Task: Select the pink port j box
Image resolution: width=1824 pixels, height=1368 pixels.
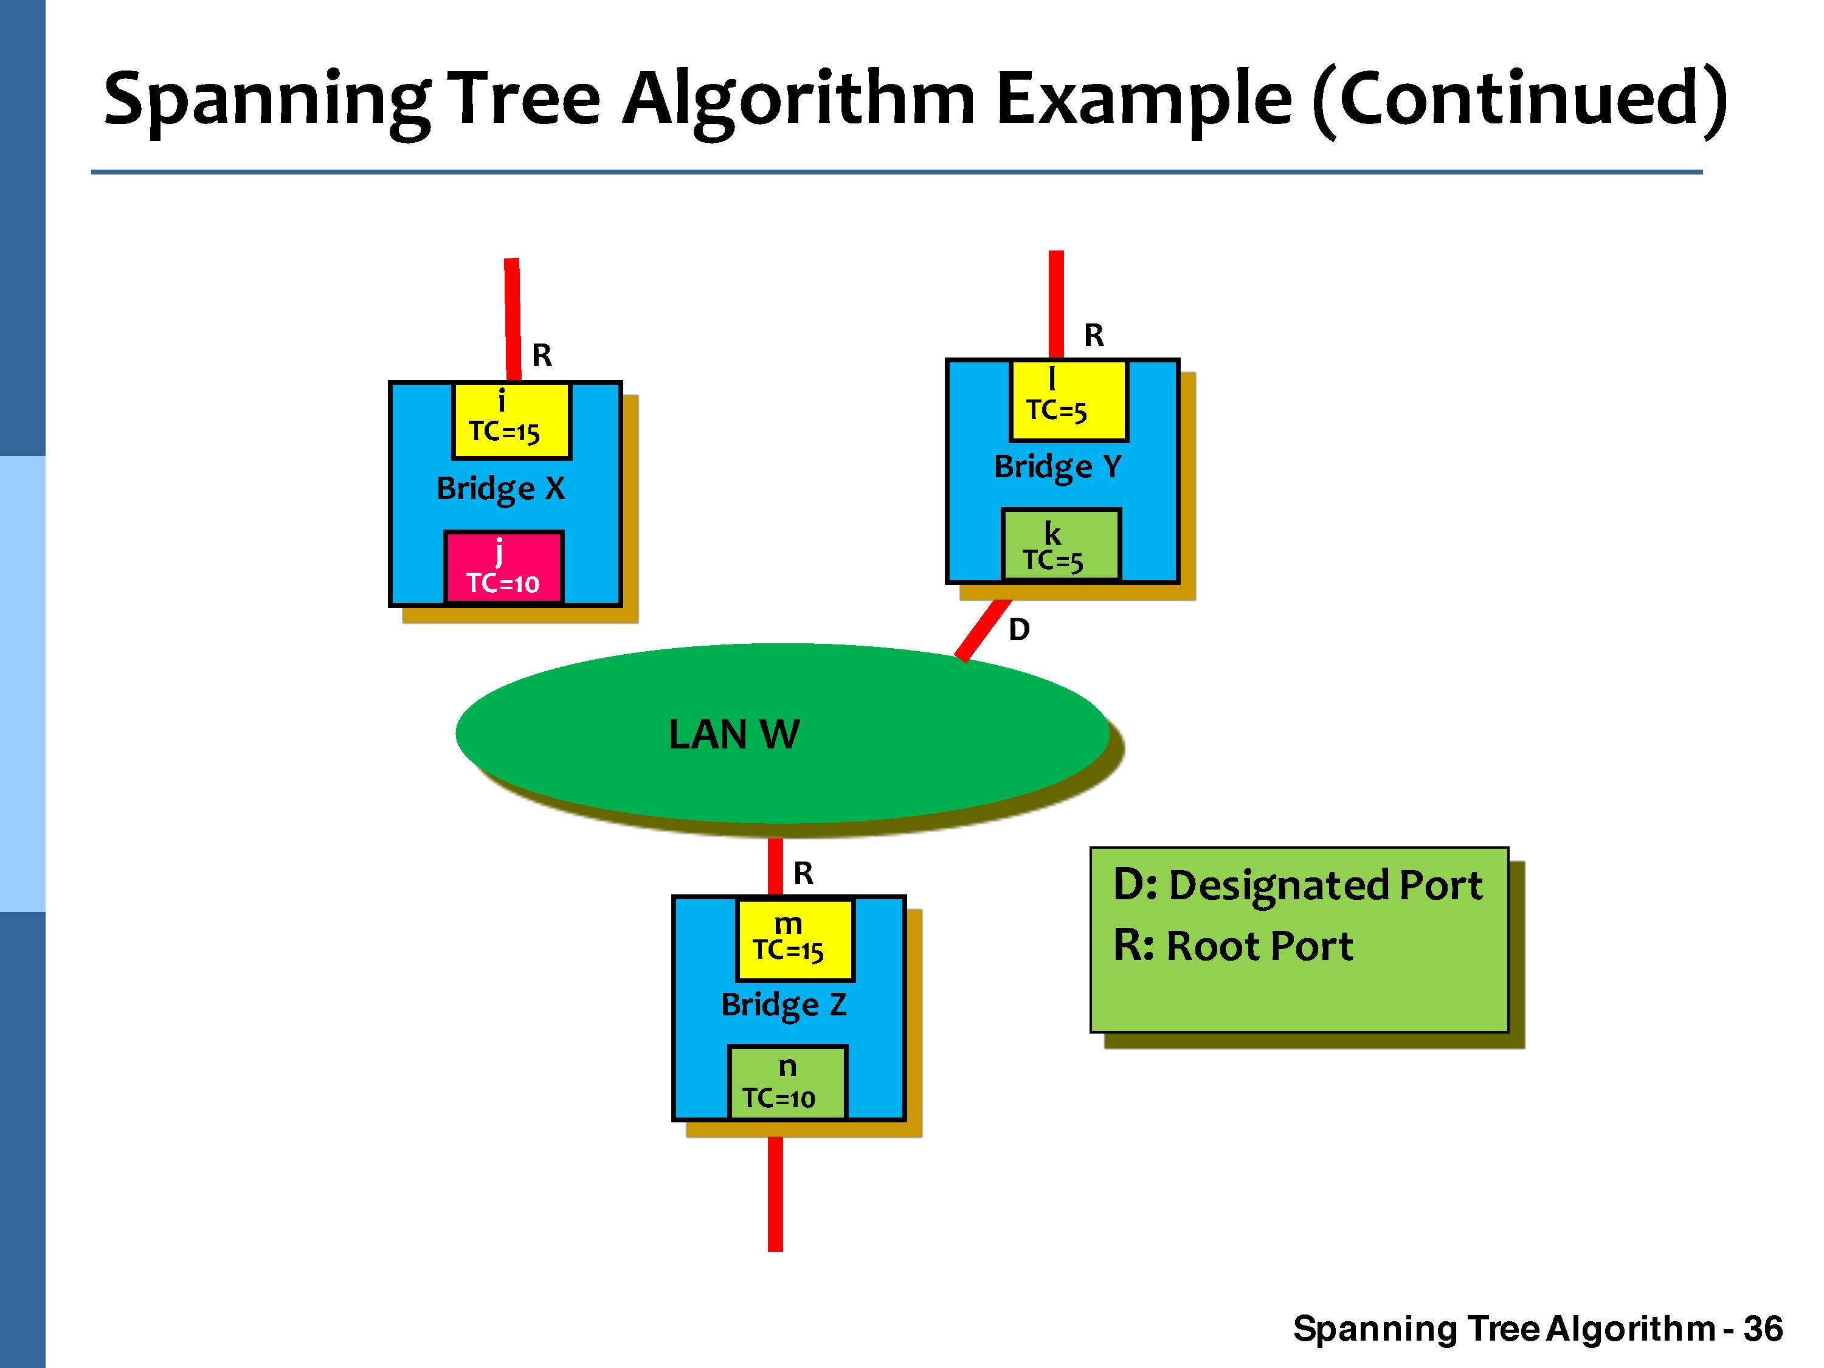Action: click(x=503, y=567)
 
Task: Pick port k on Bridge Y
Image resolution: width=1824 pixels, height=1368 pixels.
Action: click(x=1060, y=545)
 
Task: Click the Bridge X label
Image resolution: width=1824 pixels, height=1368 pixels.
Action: click(x=500, y=489)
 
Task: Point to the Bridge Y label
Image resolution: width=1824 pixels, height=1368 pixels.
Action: click(x=1058, y=468)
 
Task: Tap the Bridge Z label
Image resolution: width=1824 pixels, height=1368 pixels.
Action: click(x=783, y=1005)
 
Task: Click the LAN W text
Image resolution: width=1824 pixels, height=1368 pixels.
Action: click(x=733, y=734)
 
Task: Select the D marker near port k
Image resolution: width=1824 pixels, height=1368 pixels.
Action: click(x=1019, y=630)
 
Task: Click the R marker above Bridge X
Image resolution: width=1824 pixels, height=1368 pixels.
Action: click(x=542, y=356)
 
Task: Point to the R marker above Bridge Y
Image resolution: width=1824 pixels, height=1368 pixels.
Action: click(x=1093, y=336)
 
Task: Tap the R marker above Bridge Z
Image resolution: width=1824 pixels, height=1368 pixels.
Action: click(x=803, y=873)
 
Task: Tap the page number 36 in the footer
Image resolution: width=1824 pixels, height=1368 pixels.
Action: click(x=1763, y=1329)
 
